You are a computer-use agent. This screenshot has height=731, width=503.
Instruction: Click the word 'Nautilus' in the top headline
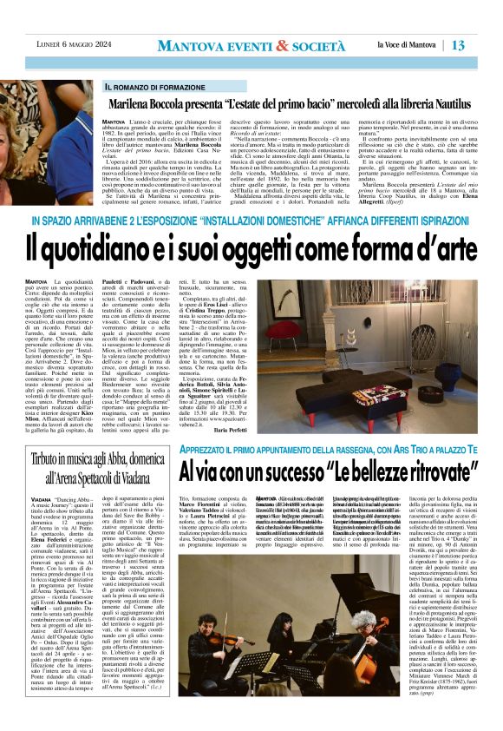pos(458,102)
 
